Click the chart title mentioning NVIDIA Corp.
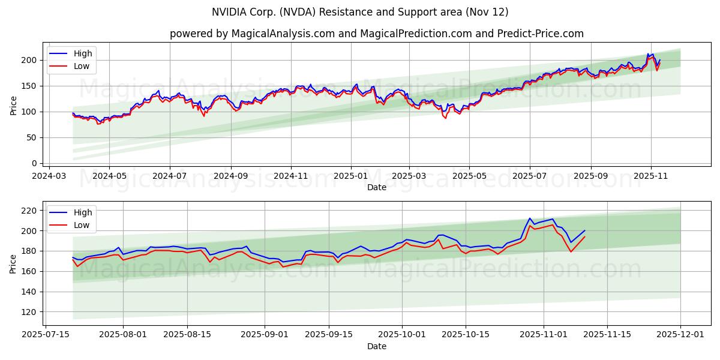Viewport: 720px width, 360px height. (360, 12)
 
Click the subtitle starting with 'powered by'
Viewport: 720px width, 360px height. (376, 34)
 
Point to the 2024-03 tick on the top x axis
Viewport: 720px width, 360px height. (49, 176)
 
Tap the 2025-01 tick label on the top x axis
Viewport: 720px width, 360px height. (350, 176)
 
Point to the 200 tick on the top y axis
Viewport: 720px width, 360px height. (30, 60)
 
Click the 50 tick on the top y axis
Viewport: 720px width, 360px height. (32, 137)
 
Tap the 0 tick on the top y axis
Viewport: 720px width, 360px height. (35, 163)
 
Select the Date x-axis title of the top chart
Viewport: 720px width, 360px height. (376, 187)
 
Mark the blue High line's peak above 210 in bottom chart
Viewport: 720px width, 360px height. (530, 218)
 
